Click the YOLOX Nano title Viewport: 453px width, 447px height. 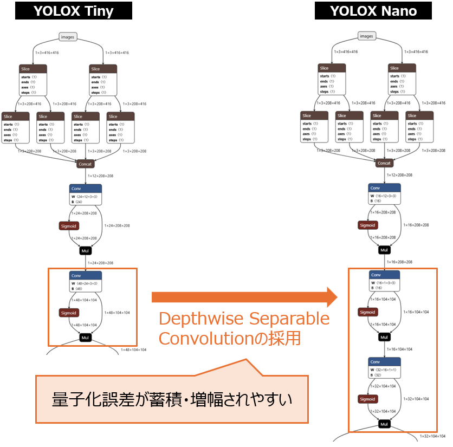pyautogui.click(x=373, y=11)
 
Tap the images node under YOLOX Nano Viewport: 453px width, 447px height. pyautogui.click(x=367, y=36)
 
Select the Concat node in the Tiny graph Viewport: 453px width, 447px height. pyautogui.click(x=86, y=163)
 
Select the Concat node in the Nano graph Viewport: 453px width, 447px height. pyautogui.click(x=384, y=163)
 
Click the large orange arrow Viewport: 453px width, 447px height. pyautogui.click(x=244, y=297)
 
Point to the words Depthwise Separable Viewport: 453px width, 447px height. pyautogui.click(x=244, y=319)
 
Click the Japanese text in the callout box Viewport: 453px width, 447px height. pyautogui.click(x=172, y=400)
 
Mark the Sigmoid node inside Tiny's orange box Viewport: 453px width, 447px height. pyautogui.click(x=69, y=313)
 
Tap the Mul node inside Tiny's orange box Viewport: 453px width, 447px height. pyautogui.click(x=85, y=338)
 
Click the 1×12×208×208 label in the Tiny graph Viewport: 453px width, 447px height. pyautogui.click(x=100, y=176)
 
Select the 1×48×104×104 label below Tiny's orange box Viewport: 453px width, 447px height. pyautogui.click(x=133, y=350)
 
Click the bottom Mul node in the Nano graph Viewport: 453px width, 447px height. pyautogui.click(x=384, y=424)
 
